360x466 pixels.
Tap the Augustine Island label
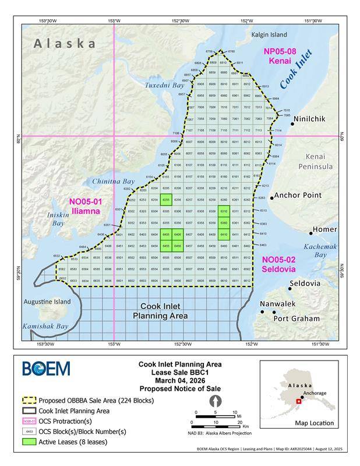47,302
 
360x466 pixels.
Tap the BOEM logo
46,369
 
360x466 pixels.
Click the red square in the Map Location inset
299,401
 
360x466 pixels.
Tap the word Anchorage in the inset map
315,393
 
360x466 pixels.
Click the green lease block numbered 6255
165,200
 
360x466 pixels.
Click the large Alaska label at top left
65,43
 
